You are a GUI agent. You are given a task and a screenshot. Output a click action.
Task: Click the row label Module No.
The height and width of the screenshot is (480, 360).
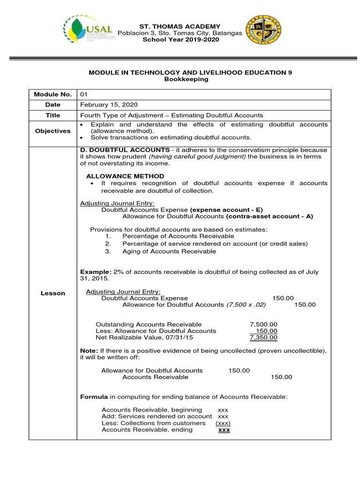click(52, 94)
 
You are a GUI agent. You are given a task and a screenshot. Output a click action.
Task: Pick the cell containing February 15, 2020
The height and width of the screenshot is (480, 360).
click(109, 105)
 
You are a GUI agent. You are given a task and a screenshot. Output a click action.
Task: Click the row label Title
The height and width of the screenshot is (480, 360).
click(52, 115)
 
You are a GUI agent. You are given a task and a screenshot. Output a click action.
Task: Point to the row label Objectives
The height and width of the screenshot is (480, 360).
click(52, 131)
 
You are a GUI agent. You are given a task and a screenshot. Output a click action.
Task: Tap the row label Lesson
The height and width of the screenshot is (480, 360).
click(52, 293)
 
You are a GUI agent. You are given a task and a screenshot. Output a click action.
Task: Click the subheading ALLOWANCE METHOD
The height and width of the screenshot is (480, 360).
click(125, 176)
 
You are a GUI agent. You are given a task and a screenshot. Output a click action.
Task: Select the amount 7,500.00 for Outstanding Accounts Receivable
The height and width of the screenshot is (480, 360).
click(263, 324)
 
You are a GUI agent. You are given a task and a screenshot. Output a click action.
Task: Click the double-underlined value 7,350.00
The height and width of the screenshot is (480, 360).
click(263, 337)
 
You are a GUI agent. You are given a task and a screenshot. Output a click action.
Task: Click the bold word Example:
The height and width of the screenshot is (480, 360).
click(96, 272)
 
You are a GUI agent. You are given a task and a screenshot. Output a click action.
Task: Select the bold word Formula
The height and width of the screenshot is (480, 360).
click(93, 397)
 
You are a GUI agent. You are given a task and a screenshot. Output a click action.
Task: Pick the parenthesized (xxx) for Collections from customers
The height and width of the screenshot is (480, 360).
click(222, 423)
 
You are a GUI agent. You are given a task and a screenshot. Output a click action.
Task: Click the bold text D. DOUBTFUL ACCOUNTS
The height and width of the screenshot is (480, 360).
click(116, 150)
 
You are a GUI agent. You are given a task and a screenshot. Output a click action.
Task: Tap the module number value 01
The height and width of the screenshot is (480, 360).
click(84, 94)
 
